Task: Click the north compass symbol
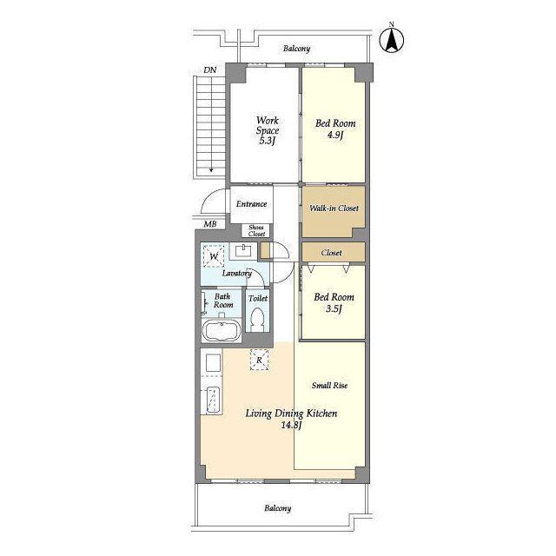point(392,40)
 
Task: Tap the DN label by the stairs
point(210,70)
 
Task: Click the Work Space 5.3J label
point(268,130)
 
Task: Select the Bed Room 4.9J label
point(335,129)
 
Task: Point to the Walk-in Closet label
point(334,208)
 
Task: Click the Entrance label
point(251,204)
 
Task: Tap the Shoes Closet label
point(256,230)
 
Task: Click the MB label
point(210,224)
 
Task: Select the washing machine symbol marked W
point(214,255)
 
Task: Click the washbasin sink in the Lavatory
point(243,251)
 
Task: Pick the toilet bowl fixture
point(257,319)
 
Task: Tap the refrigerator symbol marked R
point(259,360)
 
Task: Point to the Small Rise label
point(329,386)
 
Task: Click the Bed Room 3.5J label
point(334,302)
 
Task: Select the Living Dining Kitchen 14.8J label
point(291,419)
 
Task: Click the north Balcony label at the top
point(296,49)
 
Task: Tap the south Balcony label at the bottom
point(278,508)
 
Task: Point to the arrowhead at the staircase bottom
point(211,169)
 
